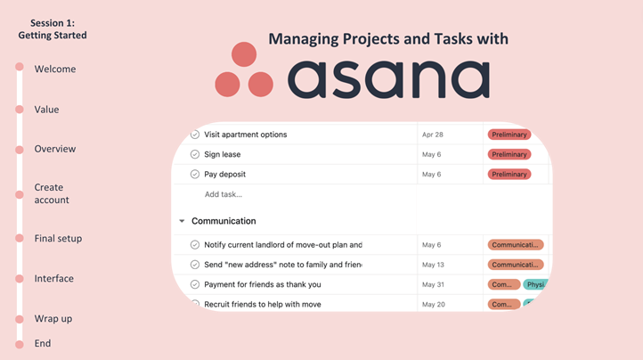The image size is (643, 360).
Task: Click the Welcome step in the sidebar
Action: pyautogui.click(x=54, y=70)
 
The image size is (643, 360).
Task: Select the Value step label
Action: pyautogui.click(x=46, y=110)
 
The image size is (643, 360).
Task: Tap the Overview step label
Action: pyautogui.click(x=54, y=149)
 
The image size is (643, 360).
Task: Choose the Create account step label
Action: pyautogui.click(x=52, y=193)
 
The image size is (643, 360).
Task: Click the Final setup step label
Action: pyautogui.click(x=58, y=239)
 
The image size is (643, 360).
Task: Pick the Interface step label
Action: pyautogui.click(x=53, y=279)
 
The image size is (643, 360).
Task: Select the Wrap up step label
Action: pyautogui.click(x=53, y=319)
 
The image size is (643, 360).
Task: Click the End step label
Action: pyautogui.click(x=43, y=343)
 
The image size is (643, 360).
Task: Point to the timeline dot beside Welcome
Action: pyautogui.click(x=20, y=69)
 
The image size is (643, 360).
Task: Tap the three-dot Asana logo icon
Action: pyautogui.click(x=244, y=70)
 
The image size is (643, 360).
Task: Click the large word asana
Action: pyautogui.click(x=388, y=78)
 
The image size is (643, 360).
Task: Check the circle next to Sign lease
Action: pyautogui.click(x=195, y=154)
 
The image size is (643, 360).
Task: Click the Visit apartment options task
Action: pyautogui.click(x=245, y=135)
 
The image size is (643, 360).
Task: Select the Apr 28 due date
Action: pyautogui.click(x=433, y=135)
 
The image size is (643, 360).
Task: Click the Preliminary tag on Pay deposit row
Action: pyautogui.click(x=509, y=175)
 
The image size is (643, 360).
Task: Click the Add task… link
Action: pyautogui.click(x=223, y=194)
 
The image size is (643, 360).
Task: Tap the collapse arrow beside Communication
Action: pyautogui.click(x=182, y=221)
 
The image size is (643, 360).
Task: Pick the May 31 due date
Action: pyautogui.click(x=433, y=285)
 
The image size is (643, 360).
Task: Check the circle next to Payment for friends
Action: pyautogui.click(x=195, y=285)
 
